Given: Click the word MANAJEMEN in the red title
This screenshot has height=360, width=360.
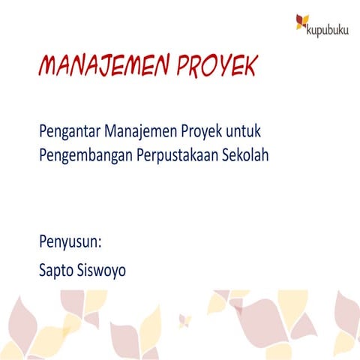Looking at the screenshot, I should [x=106, y=68].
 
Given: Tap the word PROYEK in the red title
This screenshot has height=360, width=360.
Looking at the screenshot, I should [x=217, y=68].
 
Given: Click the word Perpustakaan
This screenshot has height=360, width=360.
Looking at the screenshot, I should [x=177, y=156].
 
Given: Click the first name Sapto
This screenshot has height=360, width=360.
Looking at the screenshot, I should [x=58, y=269].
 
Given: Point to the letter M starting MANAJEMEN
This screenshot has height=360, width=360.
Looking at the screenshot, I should [x=48, y=68].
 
